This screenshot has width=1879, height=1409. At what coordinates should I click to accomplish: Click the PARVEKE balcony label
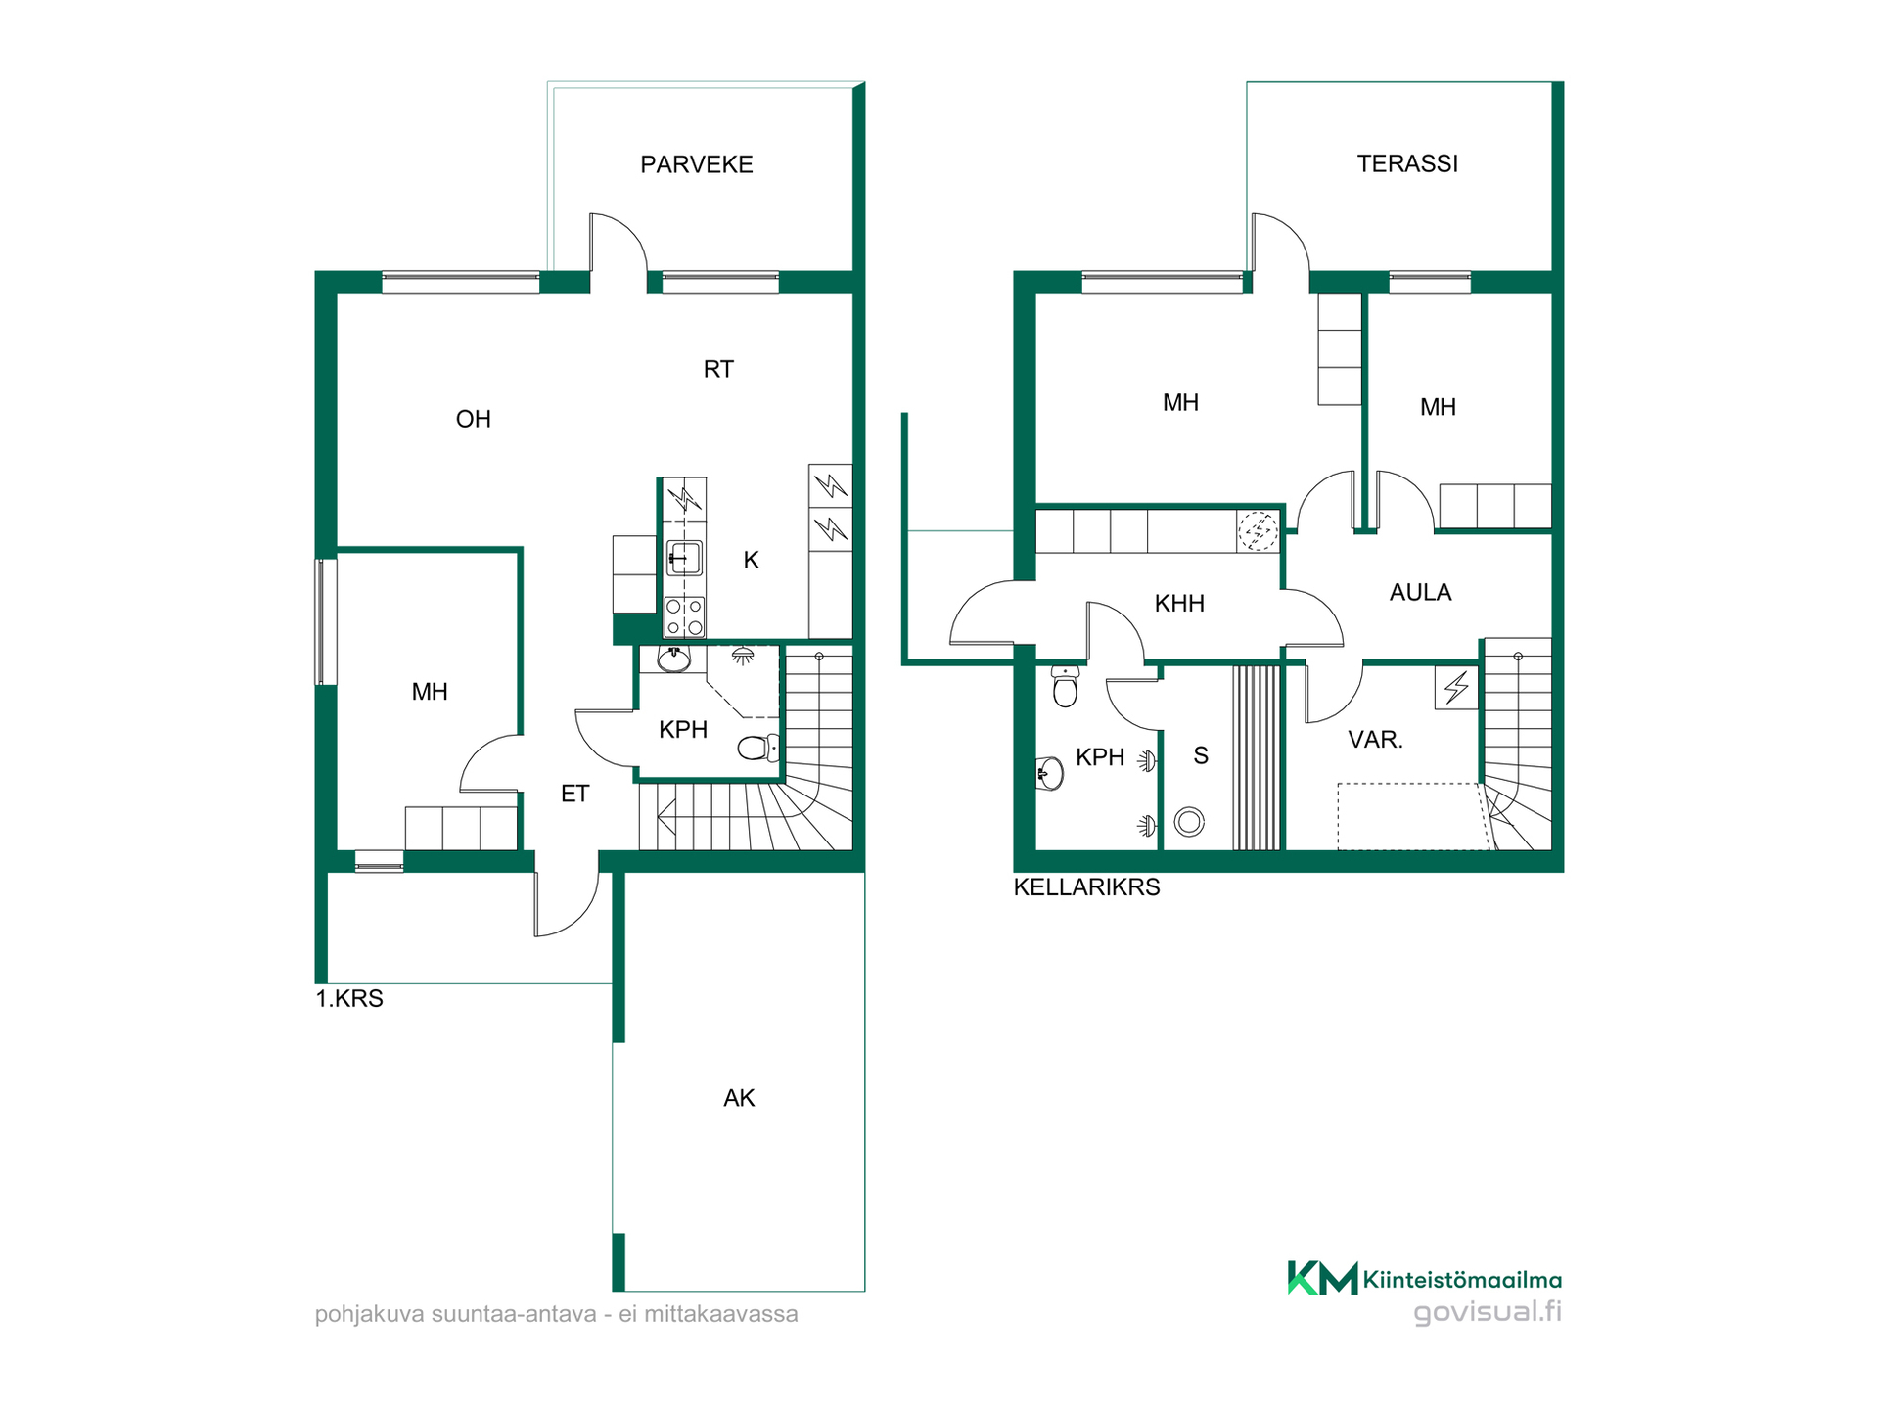click(x=697, y=164)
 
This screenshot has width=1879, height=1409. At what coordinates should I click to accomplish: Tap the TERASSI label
click(x=1407, y=163)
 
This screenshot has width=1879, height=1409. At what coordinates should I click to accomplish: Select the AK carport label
click(x=739, y=1098)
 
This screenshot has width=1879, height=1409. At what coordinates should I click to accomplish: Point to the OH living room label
click(x=474, y=419)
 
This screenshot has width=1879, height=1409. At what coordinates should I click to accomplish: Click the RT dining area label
click(x=718, y=369)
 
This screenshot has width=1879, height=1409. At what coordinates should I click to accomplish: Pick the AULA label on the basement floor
click(x=1420, y=592)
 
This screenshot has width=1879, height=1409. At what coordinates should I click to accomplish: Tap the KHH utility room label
click(x=1179, y=603)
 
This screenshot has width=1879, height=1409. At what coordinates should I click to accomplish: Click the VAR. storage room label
click(x=1375, y=740)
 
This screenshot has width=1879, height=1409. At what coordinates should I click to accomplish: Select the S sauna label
click(x=1201, y=755)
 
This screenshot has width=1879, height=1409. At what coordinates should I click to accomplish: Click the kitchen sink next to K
click(x=684, y=559)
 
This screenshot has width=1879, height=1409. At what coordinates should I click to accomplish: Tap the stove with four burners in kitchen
click(x=684, y=616)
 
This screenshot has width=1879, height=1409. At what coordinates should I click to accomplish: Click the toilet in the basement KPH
click(x=1065, y=685)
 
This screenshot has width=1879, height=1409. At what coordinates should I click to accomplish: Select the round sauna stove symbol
click(x=1189, y=822)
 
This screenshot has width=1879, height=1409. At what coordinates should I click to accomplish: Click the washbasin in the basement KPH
click(x=1049, y=773)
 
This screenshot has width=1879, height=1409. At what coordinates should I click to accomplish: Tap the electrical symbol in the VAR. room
click(x=1456, y=687)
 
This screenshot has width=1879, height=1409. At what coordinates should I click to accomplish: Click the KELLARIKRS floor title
click(x=1086, y=887)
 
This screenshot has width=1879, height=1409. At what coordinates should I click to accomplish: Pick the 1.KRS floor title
click(x=349, y=999)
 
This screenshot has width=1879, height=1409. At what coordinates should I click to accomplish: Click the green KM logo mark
click(x=1322, y=1278)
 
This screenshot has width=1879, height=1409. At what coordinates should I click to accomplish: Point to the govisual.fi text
click(x=1488, y=1311)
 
